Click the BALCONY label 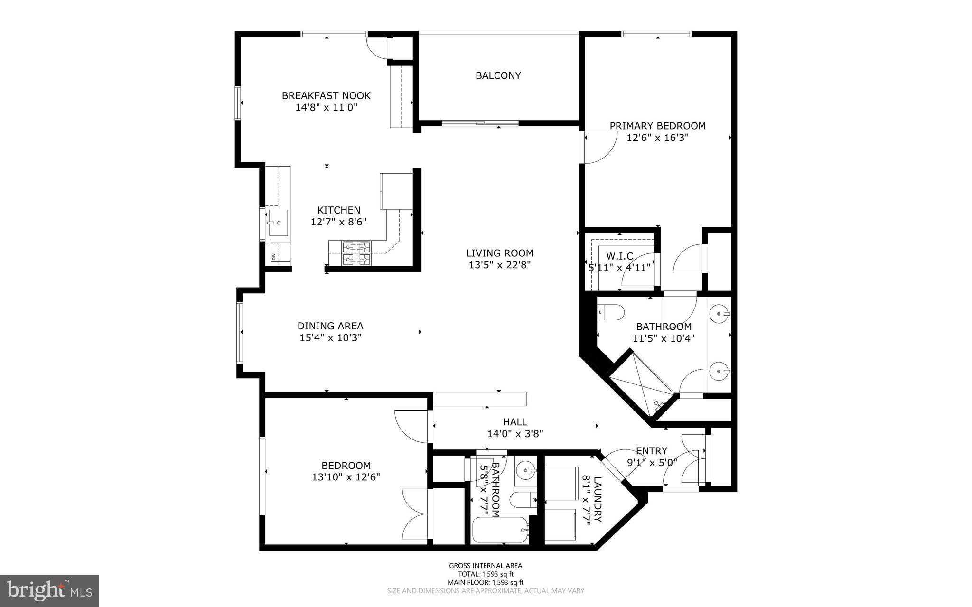click(x=498, y=75)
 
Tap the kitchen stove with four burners click(x=356, y=253)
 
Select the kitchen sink click(x=278, y=223)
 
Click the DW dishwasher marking click(x=274, y=256)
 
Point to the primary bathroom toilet click(x=611, y=312)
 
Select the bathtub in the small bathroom click(x=500, y=530)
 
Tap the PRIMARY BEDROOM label click(x=657, y=126)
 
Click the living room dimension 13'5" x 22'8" click(x=499, y=265)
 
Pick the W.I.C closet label click(x=619, y=256)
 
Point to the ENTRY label click(x=651, y=451)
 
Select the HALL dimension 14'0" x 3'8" click(x=515, y=433)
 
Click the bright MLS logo click(x=49, y=590)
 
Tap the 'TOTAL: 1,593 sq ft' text click(x=486, y=574)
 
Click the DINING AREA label click(x=330, y=326)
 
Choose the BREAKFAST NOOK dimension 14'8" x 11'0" click(x=326, y=108)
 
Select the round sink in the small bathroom click(x=525, y=471)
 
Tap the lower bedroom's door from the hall click(x=413, y=426)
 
